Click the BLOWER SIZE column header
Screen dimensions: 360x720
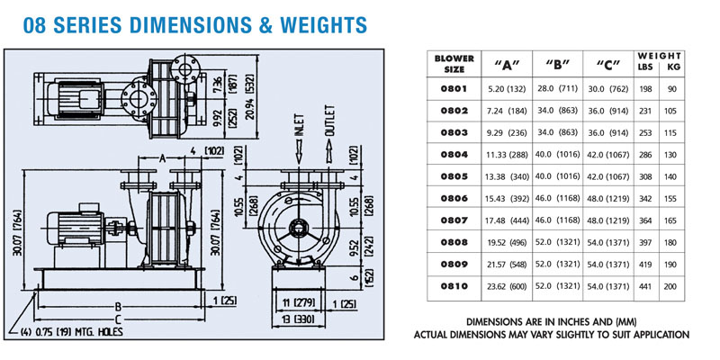454,64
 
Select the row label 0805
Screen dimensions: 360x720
454,176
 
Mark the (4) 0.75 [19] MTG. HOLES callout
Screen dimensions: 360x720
72,332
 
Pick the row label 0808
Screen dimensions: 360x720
454,241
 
